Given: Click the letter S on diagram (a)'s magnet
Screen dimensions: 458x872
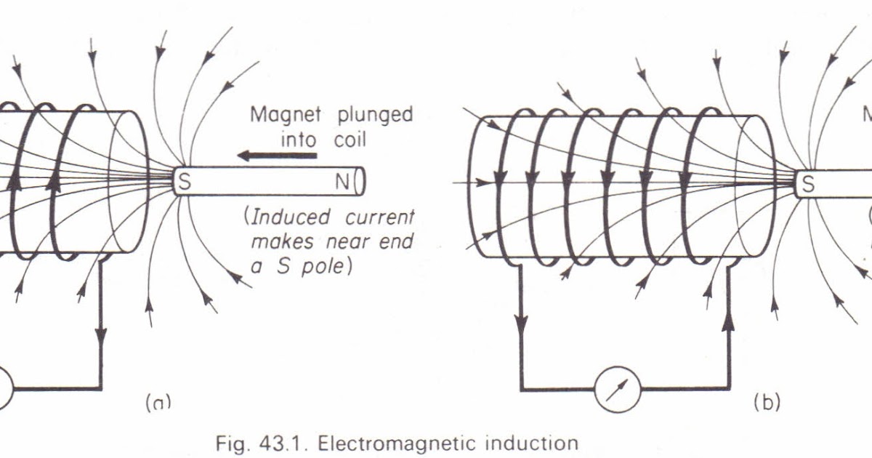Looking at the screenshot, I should pos(184,182).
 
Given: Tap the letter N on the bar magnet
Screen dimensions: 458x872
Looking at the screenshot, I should pos(343,182).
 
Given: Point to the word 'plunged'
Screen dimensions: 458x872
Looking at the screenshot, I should pos(375,115).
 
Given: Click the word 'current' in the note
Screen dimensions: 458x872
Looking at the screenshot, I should pos(377,217).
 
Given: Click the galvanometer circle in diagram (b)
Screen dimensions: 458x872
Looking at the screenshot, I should pos(618,388).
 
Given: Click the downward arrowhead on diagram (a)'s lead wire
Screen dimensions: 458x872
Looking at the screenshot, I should pos(101,336).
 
